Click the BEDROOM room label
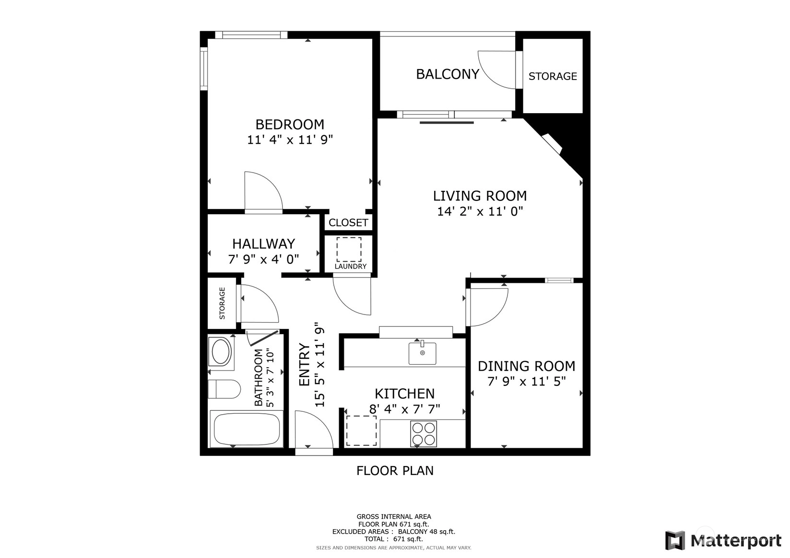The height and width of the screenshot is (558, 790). pyautogui.click(x=290, y=125)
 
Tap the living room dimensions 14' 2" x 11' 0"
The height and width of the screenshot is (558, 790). pyautogui.click(x=480, y=211)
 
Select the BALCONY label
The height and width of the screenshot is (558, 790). pyautogui.click(x=448, y=74)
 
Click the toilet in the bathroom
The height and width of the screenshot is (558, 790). pyautogui.click(x=224, y=389)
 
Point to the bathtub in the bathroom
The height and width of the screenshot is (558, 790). pyautogui.click(x=247, y=429)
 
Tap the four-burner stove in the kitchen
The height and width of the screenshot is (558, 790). pyautogui.click(x=424, y=433)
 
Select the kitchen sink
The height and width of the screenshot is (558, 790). pyautogui.click(x=422, y=353)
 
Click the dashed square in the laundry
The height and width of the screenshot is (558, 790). pyautogui.click(x=349, y=249)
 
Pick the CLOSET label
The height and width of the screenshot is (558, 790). pyautogui.click(x=348, y=222)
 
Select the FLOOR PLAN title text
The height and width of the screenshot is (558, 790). pyautogui.click(x=395, y=471)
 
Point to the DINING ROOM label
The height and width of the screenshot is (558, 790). pyautogui.click(x=526, y=366)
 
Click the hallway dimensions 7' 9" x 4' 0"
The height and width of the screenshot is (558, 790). pyautogui.click(x=263, y=259)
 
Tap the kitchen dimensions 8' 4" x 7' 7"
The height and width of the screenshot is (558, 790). pyautogui.click(x=404, y=409)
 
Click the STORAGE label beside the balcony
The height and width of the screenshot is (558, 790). pyautogui.click(x=553, y=76)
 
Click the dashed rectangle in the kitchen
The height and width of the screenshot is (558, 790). pyautogui.click(x=361, y=430)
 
